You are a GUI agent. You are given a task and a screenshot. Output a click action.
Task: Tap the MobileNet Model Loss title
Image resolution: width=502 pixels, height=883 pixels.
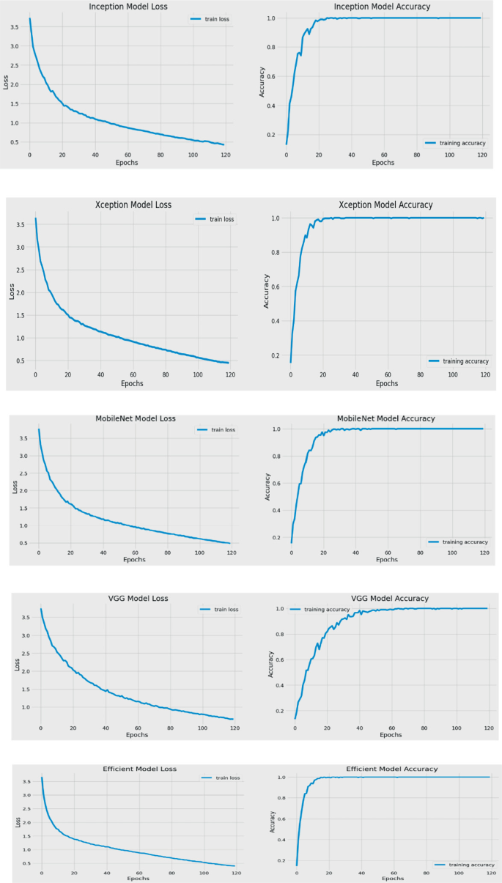click(136, 418)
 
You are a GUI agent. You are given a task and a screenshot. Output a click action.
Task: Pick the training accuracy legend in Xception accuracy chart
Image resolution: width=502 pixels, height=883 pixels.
click(459, 361)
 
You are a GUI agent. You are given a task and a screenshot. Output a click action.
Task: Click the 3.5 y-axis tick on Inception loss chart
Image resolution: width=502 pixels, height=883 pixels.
click(14, 28)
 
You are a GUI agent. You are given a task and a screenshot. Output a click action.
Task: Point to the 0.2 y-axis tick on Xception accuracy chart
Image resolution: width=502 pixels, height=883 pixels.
click(277, 355)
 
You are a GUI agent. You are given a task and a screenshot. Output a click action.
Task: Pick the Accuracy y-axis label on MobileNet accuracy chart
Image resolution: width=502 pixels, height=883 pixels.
click(266, 484)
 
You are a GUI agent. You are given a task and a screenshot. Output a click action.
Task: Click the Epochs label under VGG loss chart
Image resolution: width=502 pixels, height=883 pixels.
click(137, 734)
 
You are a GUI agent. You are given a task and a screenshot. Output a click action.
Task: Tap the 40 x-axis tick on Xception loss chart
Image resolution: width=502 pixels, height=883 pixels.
click(100, 374)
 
